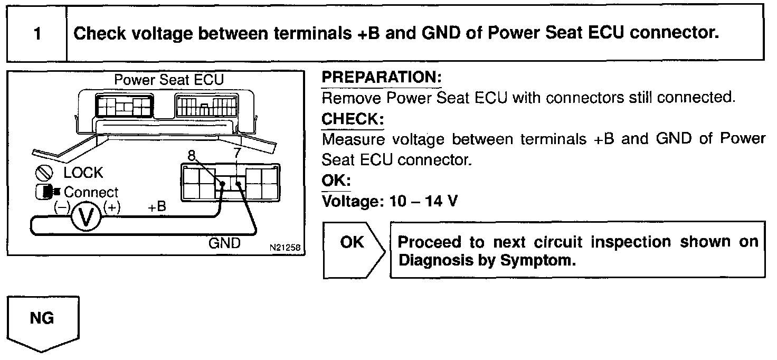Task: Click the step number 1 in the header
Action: pos(37,34)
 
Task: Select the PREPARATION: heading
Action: pos(382,77)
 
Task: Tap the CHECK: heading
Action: pos(353,119)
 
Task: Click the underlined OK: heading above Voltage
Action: pos(336,181)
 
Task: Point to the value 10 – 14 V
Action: pos(423,201)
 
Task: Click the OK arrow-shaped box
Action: pos(354,250)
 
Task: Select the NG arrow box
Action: pos(43,324)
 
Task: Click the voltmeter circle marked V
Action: pos(86,217)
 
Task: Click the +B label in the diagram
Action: pos(157,207)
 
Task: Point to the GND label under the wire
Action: pos(224,243)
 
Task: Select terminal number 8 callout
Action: pos(192,155)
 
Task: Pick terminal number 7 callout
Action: pos(237,153)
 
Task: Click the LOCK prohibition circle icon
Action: pos(44,173)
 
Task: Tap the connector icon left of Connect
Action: pos(48,192)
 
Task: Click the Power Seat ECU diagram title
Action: pos(169,80)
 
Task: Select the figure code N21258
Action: pos(285,248)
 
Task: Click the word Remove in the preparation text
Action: pos(351,98)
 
